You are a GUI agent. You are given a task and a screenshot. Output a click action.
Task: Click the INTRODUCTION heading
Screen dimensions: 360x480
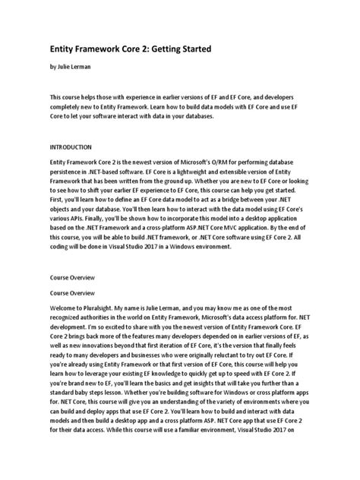71,145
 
